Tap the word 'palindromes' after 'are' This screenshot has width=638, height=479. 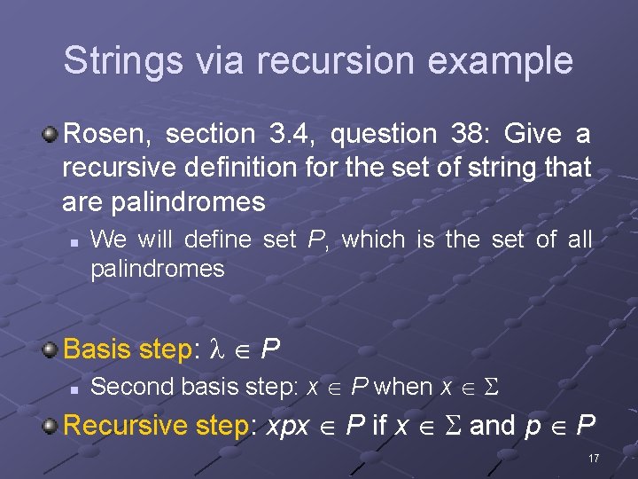tap(189, 202)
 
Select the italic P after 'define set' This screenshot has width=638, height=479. tap(315, 239)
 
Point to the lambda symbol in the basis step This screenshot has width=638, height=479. tap(220, 349)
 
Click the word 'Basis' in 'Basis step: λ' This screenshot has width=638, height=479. tap(98, 349)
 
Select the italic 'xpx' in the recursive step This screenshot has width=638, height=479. tap(287, 427)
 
